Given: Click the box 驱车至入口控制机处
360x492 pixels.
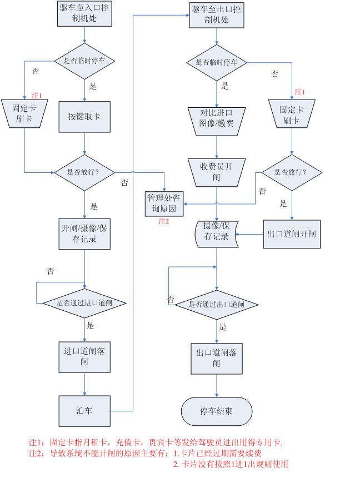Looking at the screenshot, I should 84,13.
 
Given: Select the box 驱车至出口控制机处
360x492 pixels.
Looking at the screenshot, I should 216,14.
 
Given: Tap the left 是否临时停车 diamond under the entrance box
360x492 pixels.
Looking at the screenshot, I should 84,61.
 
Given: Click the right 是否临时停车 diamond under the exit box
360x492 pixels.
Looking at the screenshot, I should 216,62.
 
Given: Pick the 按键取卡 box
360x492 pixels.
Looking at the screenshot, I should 84,117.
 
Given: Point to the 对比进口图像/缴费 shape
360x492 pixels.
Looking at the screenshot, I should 216,118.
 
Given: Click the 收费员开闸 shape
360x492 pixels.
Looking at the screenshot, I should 216,172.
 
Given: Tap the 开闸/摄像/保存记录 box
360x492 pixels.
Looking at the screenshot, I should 84,234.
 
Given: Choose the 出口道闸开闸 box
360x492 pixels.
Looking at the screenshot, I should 292,234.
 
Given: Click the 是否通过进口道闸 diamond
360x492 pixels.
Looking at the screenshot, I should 84,303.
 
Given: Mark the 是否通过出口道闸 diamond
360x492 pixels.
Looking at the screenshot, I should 217,305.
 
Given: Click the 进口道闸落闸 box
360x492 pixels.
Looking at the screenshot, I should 84,356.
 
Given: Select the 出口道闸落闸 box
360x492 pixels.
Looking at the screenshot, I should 217,358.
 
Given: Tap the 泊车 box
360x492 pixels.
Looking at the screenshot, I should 84,411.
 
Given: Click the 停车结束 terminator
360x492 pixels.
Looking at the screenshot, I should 217,411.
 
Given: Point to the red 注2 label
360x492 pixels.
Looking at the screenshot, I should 164,221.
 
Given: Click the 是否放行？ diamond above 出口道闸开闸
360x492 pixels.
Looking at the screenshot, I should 292,172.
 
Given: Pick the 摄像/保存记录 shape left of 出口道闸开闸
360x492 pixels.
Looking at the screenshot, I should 216,234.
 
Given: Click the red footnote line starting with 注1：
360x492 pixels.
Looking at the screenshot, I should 156,443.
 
